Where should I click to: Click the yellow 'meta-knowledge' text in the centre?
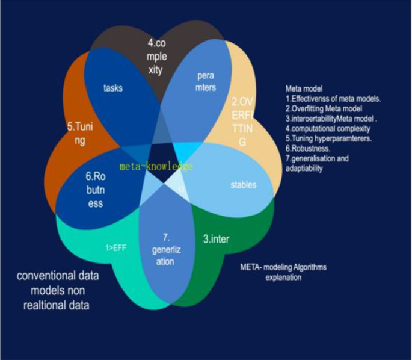click(x=156, y=166)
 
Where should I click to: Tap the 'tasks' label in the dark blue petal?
click(x=112, y=88)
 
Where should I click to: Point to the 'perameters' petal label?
click(x=205, y=82)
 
